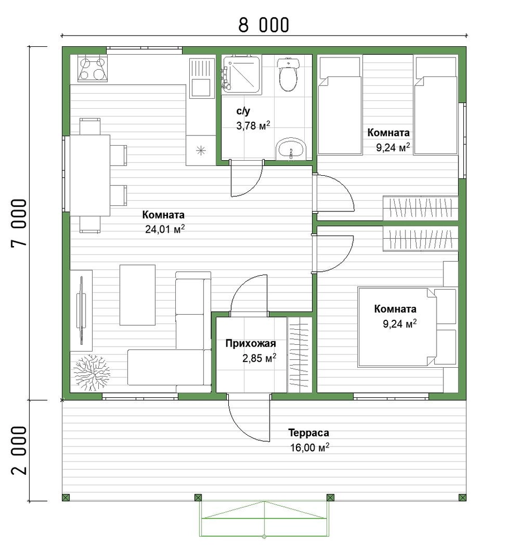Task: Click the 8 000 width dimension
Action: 263,25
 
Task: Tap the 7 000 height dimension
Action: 19,223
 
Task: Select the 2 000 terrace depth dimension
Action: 19,450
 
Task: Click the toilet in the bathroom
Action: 287,74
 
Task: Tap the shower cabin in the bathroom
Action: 241,74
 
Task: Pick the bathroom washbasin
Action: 291,149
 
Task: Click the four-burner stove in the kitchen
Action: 93,68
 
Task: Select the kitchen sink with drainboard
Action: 201,78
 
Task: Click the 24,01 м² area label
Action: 165,229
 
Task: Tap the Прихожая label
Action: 251,343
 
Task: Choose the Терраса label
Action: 308,433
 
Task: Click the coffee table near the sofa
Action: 137,295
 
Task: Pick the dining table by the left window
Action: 90,175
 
